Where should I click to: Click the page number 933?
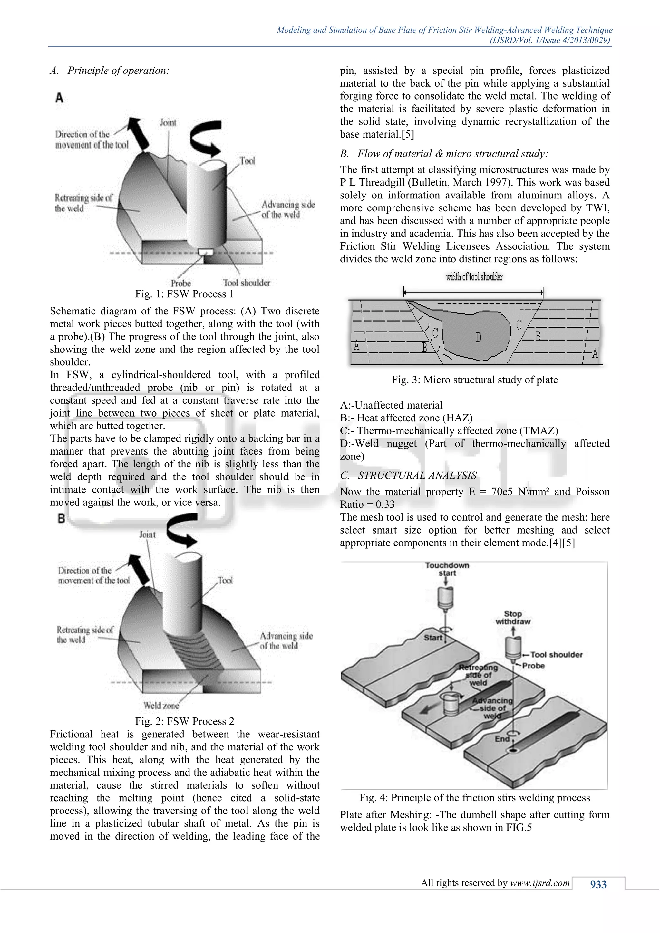pyautogui.click(x=598, y=885)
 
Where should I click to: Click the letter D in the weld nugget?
pyautogui.click(x=478, y=338)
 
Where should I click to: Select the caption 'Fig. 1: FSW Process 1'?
pyautogui.click(x=185, y=294)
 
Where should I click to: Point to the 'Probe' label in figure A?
pyautogui.click(x=180, y=283)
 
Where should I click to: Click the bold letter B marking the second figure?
pyautogui.click(x=61, y=518)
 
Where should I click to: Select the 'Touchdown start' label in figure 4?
pyautogui.click(x=447, y=569)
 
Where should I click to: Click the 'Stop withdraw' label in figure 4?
pyautogui.click(x=513, y=617)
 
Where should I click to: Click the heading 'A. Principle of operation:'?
pyautogui.click(x=110, y=71)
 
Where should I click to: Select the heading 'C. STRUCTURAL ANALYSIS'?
pyautogui.click(x=408, y=476)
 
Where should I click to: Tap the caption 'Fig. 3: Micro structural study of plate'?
pyautogui.click(x=474, y=380)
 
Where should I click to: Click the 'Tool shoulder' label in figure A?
pyautogui.click(x=246, y=283)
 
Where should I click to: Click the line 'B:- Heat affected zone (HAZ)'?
pyautogui.click(x=406, y=418)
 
